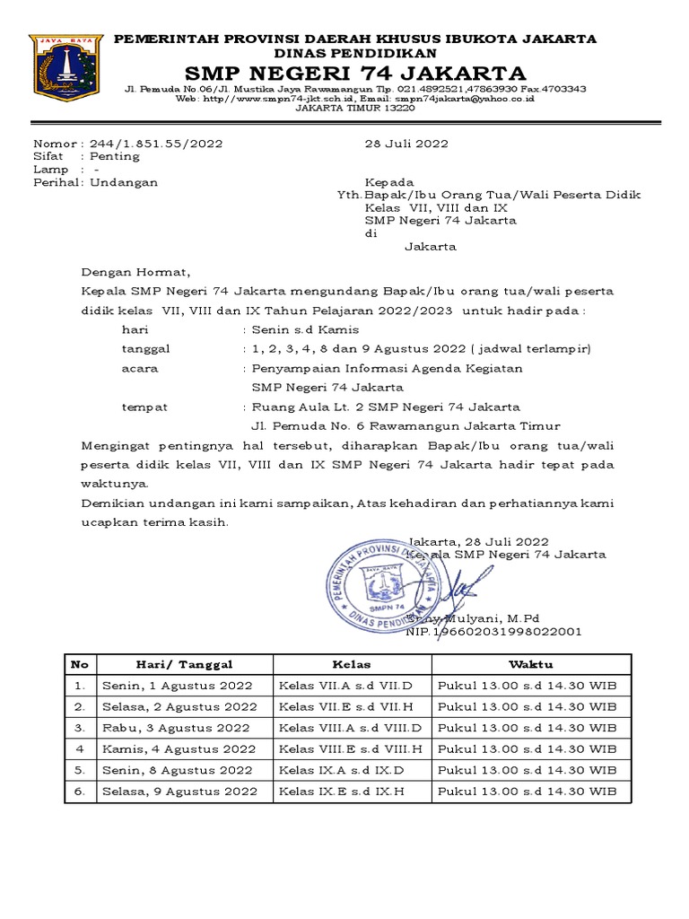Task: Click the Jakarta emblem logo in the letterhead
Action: tap(65, 71)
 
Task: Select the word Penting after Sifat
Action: tap(116, 156)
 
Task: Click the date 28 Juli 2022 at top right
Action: tap(406, 144)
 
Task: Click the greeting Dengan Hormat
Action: tap(136, 271)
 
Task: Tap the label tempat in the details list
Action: tap(144, 407)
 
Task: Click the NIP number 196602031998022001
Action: tap(494, 631)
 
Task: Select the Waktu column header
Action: tap(531, 664)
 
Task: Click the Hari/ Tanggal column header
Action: tap(184, 664)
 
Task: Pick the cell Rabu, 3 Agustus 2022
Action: tap(176, 728)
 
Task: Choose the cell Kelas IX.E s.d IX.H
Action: tap(343, 792)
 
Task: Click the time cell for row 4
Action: tap(527, 749)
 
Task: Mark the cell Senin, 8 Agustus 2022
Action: tap(178, 770)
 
